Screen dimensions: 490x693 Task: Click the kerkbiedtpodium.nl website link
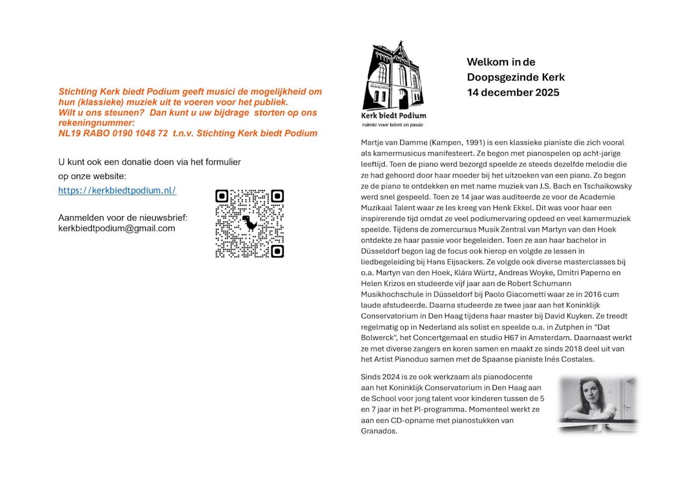(x=117, y=190)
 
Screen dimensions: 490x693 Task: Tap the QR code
(x=249, y=224)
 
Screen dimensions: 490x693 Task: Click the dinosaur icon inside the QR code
(x=249, y=223)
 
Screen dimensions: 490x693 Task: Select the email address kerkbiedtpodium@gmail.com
(x=116, y=228)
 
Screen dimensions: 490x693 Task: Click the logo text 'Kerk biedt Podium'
(x=393, y=115)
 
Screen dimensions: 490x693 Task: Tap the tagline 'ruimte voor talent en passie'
(x=393, y=124)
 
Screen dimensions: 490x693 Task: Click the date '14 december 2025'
(x=513, y=92)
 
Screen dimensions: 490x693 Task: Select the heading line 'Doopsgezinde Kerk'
(x=515, y=77)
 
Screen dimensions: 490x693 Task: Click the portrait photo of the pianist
(x=597, y=404)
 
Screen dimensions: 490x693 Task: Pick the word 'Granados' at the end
(x=379, y=431)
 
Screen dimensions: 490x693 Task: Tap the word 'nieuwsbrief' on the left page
(x=165, y=218)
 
